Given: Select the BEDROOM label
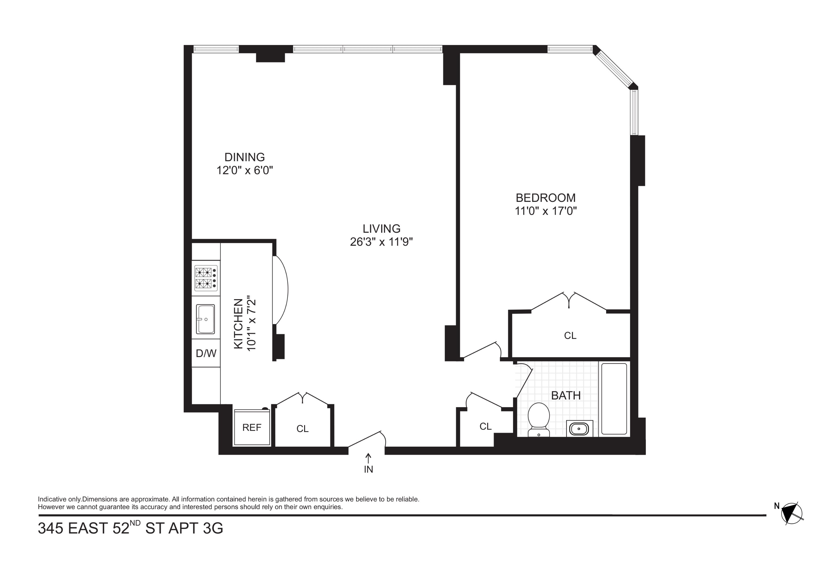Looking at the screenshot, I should pos(545,198).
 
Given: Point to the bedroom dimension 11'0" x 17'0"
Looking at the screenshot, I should pos(545,211).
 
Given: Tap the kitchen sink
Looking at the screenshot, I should pos(205,319).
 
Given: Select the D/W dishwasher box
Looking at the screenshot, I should pos(206,353).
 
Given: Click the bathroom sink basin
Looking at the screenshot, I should pos(579,429).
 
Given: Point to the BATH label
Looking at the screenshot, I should pos(566,395).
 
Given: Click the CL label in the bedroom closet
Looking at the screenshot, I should pos(570,336).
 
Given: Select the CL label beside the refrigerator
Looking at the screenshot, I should pos(303,429).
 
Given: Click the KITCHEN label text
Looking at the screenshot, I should pos(238,324).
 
